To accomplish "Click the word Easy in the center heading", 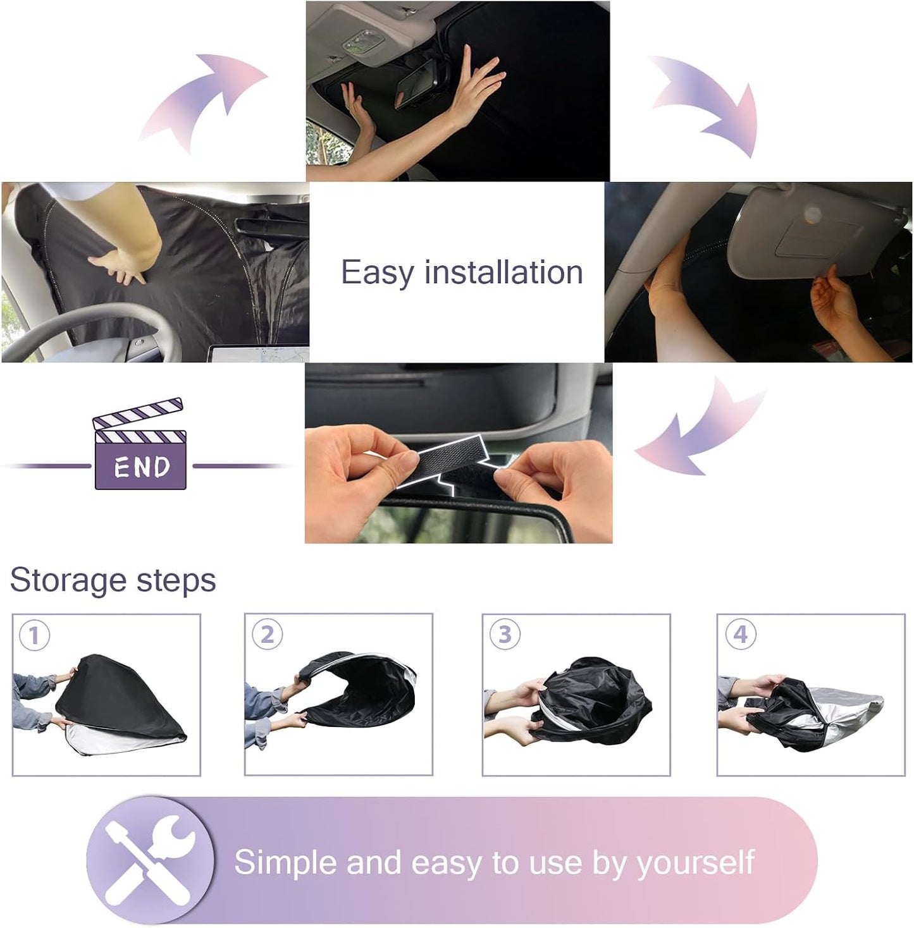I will tap(377, 273).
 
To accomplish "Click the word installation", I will tap(503, 273).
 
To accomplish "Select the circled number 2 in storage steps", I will tap(267, 635).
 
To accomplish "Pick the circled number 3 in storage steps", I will tap(504, 634).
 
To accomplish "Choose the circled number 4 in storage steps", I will tap(740, 634).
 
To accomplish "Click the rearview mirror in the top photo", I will tap(421, 85).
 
